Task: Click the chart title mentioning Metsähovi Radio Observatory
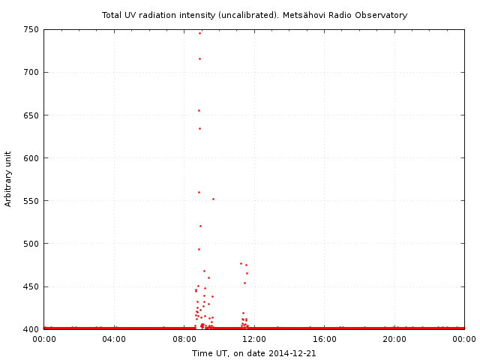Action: pos(254,15)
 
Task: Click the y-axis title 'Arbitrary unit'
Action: pos(8,179)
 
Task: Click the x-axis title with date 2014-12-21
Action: pos(253,352)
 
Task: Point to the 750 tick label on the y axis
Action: pos(31,30)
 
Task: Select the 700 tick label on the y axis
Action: pos(31,73)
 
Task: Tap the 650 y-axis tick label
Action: pos(31,115)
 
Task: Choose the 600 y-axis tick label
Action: pos(31,158)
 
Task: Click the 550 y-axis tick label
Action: pos(31,201)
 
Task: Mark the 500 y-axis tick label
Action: pos(31,244)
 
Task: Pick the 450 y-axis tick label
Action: pos(31,286)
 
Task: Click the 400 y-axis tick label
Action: pos(31,329)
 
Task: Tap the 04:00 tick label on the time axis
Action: pos(114,340)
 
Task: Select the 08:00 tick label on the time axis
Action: pos(184,340)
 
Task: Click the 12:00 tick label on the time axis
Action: pos(254,340)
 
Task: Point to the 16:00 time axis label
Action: pos(325,340)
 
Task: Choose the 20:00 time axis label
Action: pos(394,340)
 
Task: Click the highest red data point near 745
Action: pos(199,33)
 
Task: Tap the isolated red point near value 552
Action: pos(213,199)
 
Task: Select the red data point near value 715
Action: pos(199,58)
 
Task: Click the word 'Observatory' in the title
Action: pos(382,15)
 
